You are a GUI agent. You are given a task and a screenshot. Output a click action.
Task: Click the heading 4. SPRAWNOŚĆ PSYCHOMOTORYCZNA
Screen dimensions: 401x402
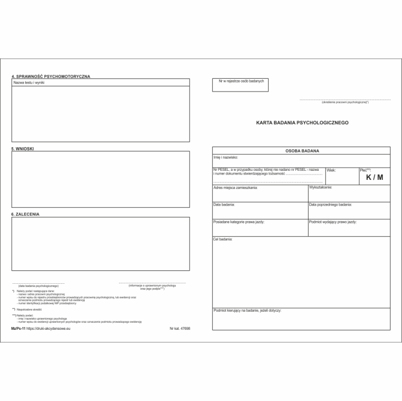[x=50, y=76]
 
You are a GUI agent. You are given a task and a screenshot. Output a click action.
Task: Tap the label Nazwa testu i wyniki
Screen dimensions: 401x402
[x=28, y=84]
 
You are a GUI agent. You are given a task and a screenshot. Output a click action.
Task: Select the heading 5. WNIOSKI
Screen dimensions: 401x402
[x=23, y=148]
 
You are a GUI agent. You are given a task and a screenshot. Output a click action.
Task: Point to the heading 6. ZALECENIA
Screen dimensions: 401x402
[x=25, y=214]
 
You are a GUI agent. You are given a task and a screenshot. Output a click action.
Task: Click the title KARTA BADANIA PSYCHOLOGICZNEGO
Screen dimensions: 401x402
[x=302, y=123]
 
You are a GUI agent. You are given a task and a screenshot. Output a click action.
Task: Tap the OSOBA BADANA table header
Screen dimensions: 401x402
[x=302, y=150]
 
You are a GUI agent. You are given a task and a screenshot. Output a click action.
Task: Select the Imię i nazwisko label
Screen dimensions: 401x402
[x=226, y=158]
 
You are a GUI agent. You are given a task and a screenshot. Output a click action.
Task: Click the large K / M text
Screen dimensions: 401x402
[x=375, y=178]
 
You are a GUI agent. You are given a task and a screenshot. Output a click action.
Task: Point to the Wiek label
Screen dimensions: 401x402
[x=331, y=170]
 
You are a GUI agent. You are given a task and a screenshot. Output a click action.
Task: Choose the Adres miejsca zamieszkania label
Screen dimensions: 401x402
[x=235, y=188]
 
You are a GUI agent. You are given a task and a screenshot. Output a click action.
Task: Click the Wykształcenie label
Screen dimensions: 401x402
[x=321, y=187]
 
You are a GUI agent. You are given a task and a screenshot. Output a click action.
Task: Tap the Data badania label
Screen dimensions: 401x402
[x=224, y=205]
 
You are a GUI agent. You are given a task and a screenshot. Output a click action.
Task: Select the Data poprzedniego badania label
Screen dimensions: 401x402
[x=330, y=205]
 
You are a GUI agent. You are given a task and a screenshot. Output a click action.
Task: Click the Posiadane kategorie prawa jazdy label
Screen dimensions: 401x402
[x=239, y=222]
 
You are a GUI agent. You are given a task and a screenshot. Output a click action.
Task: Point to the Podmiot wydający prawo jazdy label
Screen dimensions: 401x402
[x=333, y=222]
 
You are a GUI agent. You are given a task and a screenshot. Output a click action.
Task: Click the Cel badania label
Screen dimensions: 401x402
[x=222, y=239]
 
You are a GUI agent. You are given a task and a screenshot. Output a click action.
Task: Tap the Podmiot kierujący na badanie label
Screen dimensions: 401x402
[x=247, y=311]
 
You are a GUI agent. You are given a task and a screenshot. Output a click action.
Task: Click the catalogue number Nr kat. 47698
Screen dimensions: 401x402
[x=180, y=328]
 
